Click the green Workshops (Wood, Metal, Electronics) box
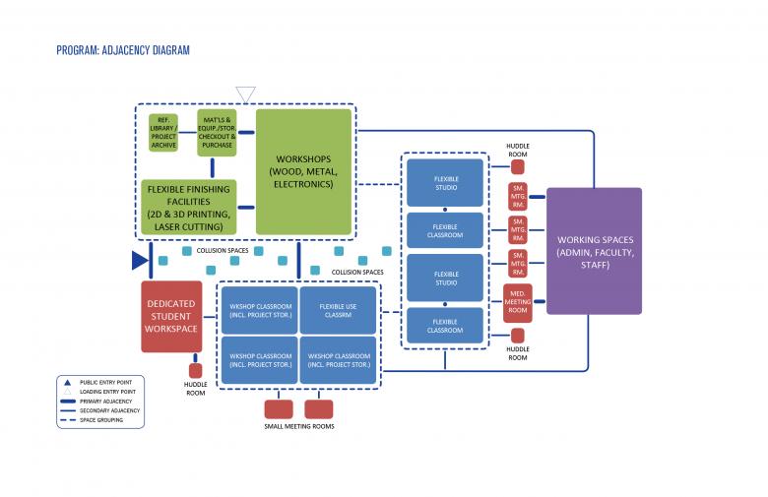303,171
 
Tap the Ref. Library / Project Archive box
163,133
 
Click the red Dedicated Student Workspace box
171,316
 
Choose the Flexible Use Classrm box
338,311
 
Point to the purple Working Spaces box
594,251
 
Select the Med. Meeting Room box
517,301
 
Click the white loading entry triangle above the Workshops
245,94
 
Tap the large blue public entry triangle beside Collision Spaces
139,260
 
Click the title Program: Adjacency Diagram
123,50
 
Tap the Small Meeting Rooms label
299,426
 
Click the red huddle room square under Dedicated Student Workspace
195,371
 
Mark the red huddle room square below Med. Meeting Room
518,336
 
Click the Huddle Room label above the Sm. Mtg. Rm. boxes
518,150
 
